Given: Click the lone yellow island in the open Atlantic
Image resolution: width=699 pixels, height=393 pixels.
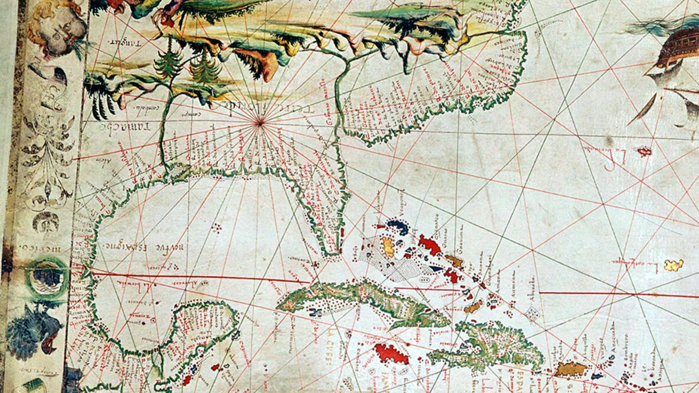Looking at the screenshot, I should pos(674,265).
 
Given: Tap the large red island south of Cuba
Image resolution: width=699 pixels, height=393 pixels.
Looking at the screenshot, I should pos(391,353).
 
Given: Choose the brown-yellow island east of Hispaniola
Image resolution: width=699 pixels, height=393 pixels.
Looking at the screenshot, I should pos(571,369).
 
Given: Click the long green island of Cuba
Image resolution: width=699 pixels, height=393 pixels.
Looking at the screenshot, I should pos(360,298).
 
